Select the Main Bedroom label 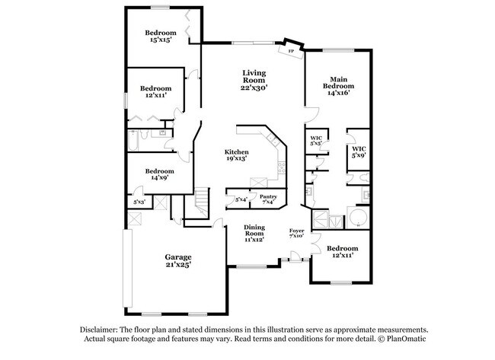(339, 84)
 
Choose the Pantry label (268, 196)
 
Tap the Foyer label (297, 231)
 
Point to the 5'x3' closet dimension (139, 202)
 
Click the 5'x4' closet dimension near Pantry (241, 199)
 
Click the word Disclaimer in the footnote (101, 328)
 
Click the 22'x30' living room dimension (254, 88)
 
